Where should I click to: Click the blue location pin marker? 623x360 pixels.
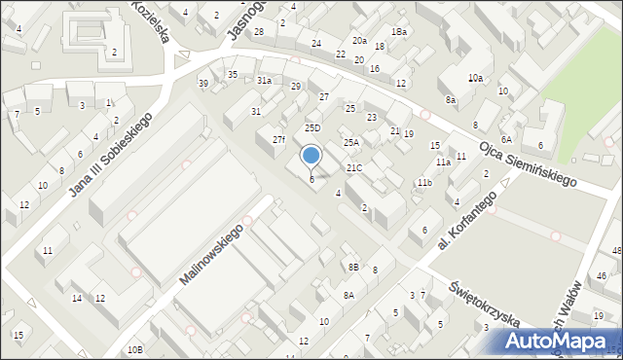(311, 156)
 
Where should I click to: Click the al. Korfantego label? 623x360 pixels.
(467, 220)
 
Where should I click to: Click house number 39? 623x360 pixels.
(203, 84)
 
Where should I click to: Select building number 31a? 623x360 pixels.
(264, 81)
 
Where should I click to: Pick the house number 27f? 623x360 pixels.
(278, 140)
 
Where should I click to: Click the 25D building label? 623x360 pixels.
(311, 127)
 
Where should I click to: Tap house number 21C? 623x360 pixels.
(354, 168)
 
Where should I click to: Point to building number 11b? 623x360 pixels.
(424, 182)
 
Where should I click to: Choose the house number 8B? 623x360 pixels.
(353, 266)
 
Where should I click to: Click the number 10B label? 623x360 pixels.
(134, 349)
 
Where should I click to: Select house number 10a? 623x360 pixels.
(475, 78)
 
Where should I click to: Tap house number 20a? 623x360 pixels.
(359, 41)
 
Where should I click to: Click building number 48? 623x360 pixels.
(616, 252)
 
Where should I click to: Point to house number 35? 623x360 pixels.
(233, 74)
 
